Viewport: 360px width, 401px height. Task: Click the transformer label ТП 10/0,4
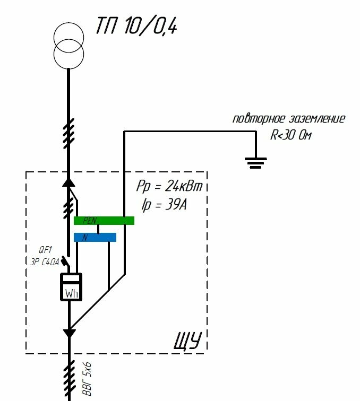pos(136,26)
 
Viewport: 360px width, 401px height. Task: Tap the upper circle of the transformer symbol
pos(68,23)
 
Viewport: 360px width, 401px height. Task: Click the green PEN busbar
pos(104,221)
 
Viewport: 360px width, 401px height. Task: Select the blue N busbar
pos(95,237)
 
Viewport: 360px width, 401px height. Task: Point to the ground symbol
pos(256,163)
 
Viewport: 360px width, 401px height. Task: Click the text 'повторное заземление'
pos(289,119)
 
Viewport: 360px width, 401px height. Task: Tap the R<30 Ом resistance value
pos(291,135)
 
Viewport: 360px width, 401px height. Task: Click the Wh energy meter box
pos(71,287)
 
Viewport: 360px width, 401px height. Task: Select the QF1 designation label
pos(45,249)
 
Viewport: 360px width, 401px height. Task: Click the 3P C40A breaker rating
pos(45,262)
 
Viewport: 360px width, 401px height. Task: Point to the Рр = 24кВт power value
pos(169,186)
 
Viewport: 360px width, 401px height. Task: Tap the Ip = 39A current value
pos(164,205)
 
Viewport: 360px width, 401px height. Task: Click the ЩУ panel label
pos(187,341)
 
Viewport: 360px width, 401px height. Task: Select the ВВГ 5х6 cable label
pos(87,379)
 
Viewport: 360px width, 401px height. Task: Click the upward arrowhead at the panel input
pos(68,182)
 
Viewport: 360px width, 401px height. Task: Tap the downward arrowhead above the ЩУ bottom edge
pos(69,333)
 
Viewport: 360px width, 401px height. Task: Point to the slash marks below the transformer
pos(68,134)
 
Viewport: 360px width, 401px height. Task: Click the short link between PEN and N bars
pos(98,229)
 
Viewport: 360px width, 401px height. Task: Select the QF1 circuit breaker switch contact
pos(65,261)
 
